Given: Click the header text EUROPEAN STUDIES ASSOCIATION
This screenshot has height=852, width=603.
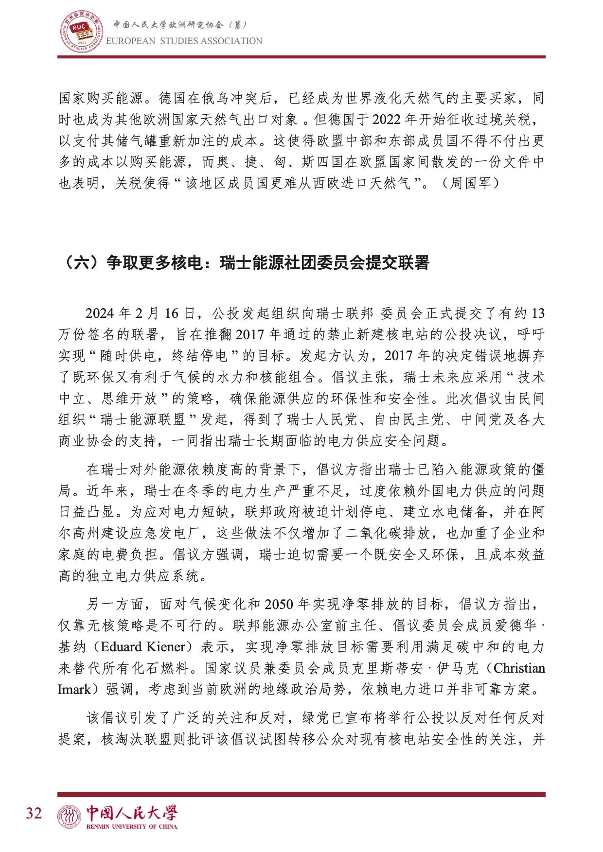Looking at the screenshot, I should coord(184,41).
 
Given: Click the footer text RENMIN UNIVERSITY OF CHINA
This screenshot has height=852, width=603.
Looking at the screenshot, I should coord(132,826).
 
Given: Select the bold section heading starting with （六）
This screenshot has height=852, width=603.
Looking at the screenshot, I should coord(244,263).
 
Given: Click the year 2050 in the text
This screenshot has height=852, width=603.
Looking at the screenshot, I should coord(279,604).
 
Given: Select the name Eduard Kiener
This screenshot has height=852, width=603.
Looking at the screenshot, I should coord(143,647).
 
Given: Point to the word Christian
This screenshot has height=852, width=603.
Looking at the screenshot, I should coord(519,668).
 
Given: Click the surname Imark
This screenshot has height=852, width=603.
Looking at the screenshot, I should coord(74,690).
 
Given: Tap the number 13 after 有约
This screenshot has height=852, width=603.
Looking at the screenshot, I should coord(538,313).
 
